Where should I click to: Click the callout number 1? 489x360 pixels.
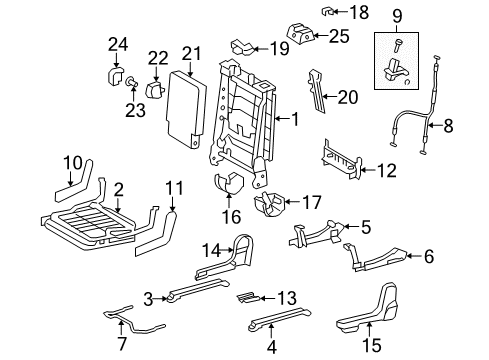coord(295,119)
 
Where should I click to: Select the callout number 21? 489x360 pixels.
coord(191,52)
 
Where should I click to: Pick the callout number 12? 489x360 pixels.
coord(383,170)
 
